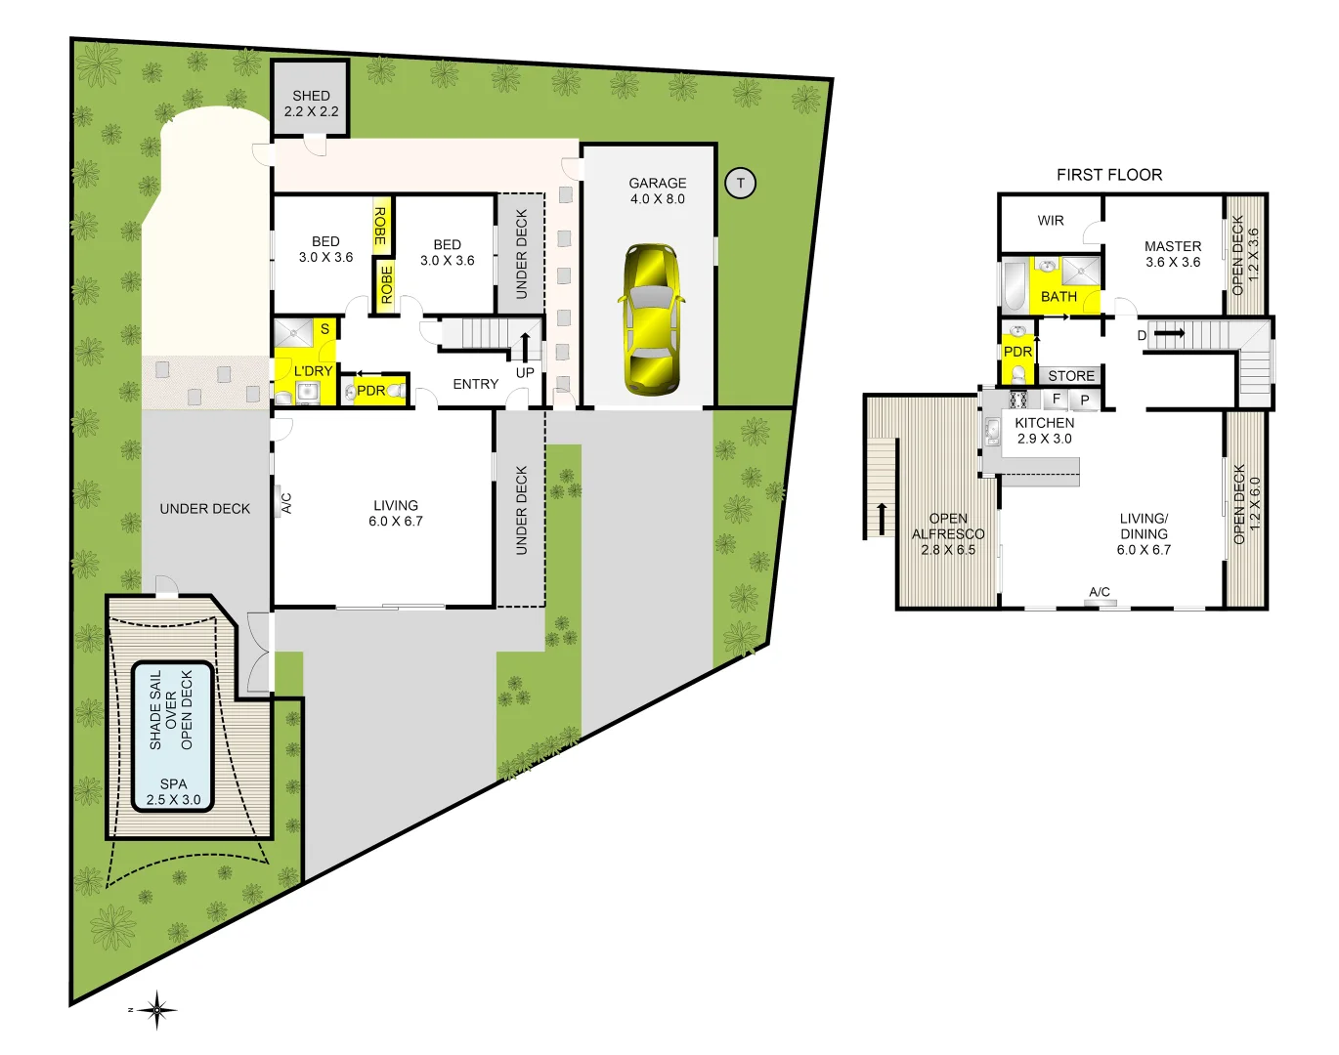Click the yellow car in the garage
pyautogui.click(x=650, y=318)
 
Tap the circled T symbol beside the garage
pyautogui.click(x=740, y=183)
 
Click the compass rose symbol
pyautogui.click(x=156, y=1009)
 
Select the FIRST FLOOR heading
pyautogui.click(x=1109, y=175)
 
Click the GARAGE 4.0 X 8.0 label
pyautogui.click(x=657, y=190)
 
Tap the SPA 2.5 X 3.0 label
pyautogui.click(x=173, y=791)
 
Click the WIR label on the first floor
pyautogui.click(x=1051, y=221)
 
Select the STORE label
pyautogui.click(x=1071, y=376)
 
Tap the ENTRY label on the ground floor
pyautogui.click(x=476, y=384)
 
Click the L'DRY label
pyautogui.click(x=313, y=371)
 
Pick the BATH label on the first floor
pyautogui.click(x=1058, y=296)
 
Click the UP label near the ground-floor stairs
pyautogui.click(x=525, y=372)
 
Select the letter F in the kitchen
pyautogui.click(x=1057, y=399)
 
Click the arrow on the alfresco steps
pyautogui.click(x=882, y=518)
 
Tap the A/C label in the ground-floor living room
pyautogui.click(x=286, y=503)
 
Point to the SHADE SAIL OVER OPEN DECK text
pyautogui.click(x=171, y=710)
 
